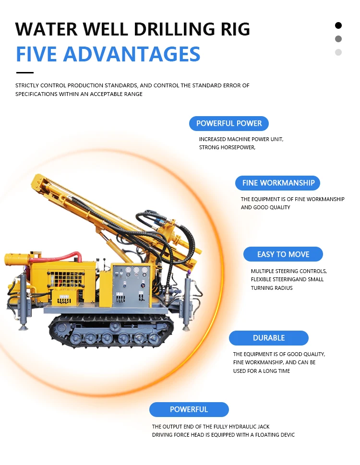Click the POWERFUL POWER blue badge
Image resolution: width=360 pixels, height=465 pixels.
(x=229, y=123)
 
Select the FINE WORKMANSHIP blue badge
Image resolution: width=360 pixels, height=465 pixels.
(x=278, y=183)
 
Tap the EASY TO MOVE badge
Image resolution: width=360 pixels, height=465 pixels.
(x=283, y=254)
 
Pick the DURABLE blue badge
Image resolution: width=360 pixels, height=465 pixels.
(x=268, y=338)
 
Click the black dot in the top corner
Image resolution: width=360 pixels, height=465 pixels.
(x=338, y=25)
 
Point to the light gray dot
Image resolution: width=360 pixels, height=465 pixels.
(x=338, y=52)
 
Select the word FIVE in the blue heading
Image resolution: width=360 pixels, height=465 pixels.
(x=37, y=54)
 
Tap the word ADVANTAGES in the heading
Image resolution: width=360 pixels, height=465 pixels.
(x=132, y=54)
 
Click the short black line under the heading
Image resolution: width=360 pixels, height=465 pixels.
(x=25, y=73)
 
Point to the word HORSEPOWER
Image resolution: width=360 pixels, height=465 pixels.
(x=237, y=147)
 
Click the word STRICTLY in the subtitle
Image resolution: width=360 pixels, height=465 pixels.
(x=28, y=85)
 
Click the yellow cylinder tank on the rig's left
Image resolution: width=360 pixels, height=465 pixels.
(x=18, y=260)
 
